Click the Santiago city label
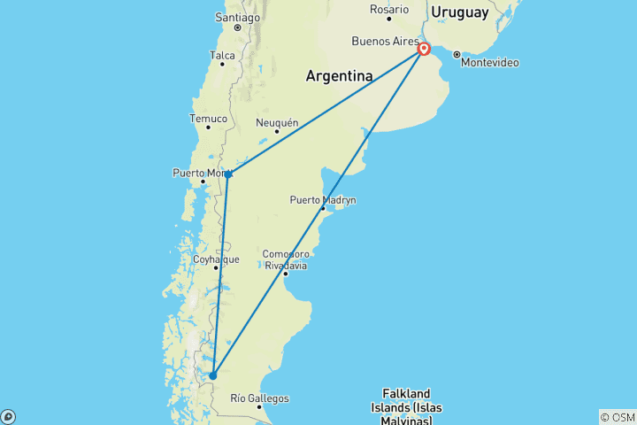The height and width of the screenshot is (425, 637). point(237,17)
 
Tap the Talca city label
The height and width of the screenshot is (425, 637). point(222,55)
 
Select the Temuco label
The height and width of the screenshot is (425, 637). point(209,119)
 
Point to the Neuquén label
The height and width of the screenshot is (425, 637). point(277,122)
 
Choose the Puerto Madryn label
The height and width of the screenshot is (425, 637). point(323,200)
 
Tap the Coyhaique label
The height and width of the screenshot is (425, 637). point(216,259)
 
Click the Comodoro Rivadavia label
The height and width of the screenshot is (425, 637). point(285,259)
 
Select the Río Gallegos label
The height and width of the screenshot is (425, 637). point(258,398)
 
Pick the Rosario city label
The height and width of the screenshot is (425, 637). point(389,10)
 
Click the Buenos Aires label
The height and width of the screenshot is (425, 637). point(382,41)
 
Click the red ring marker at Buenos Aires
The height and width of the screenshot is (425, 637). point(425,50)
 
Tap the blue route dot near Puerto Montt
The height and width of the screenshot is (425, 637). point(228,174)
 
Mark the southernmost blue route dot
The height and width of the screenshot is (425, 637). point(212,375)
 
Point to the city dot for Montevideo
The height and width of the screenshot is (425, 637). point(457,54)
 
